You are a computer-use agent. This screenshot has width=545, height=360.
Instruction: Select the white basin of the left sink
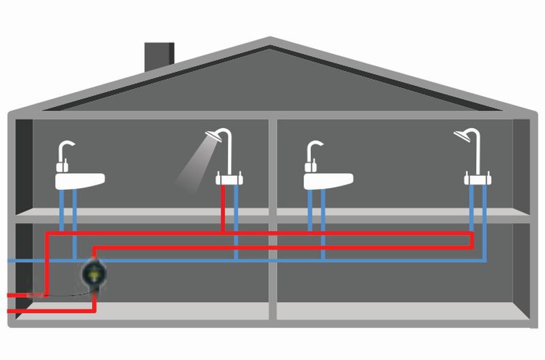(x=80, y=180)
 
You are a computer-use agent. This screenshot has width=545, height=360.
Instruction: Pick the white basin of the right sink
(x=328, y=181)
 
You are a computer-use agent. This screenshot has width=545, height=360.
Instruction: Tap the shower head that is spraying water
(x=215, y=138)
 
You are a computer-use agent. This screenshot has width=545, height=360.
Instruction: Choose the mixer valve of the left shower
(x=230, y=180)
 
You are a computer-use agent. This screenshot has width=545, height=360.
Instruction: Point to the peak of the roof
(x=270, y=42)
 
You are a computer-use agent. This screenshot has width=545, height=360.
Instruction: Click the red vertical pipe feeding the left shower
(x=224, y=208)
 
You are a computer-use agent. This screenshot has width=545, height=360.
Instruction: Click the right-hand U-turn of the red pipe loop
(x=471, y=240)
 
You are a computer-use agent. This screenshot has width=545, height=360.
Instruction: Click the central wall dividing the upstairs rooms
(x=272, y=164)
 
